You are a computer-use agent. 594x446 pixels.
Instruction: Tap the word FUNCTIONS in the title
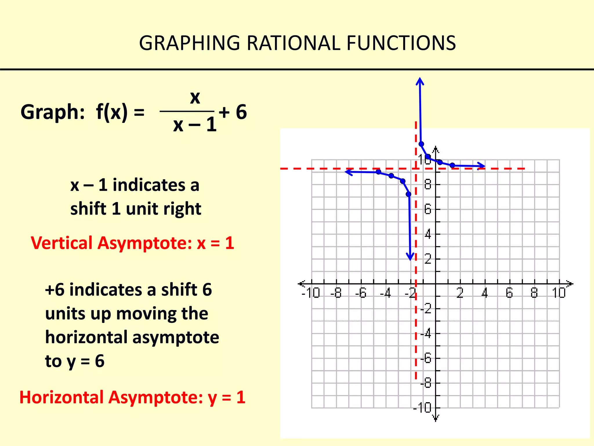click(x=401, y=43)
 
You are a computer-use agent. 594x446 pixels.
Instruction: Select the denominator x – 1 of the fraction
click(x=195, y=125)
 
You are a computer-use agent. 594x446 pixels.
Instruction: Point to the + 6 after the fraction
click(x=233, y=112)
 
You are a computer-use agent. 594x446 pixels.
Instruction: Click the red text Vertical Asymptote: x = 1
click(x=133, y=243)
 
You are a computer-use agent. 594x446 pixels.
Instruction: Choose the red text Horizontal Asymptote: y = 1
click(x=132, y=398)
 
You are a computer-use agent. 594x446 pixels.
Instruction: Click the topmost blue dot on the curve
click(x=421, y=144)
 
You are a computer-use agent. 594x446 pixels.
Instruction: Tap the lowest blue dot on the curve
click(x=408, y=194)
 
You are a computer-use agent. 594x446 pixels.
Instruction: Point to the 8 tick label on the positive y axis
click(x=428, y=184)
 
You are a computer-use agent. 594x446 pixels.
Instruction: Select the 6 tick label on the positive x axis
click(x=509, y=293)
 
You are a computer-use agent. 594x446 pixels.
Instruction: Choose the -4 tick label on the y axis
click(x=426, y=333)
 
